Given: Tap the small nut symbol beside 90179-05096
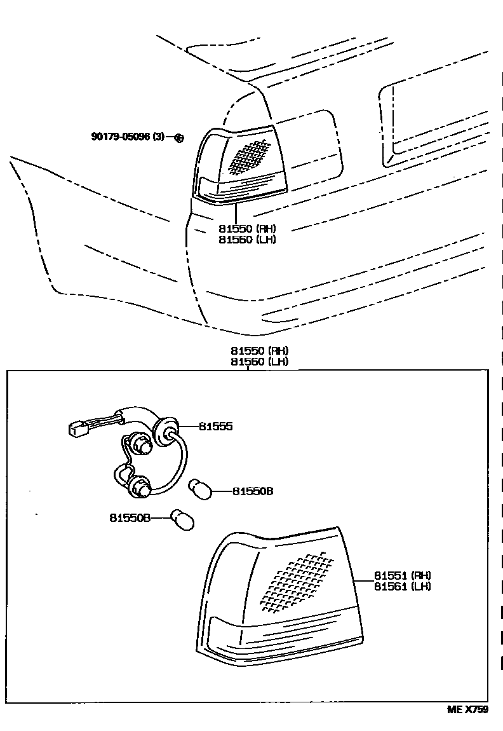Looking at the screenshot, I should [178, 138].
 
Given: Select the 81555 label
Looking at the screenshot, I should [215, 427].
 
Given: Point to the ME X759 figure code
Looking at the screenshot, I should [467, 710].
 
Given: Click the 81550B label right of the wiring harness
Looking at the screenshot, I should [252, 491].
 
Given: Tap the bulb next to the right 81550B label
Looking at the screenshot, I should [201, 490].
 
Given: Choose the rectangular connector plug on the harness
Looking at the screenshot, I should [79, 429].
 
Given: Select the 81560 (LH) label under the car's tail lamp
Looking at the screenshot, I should [247, 240].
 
